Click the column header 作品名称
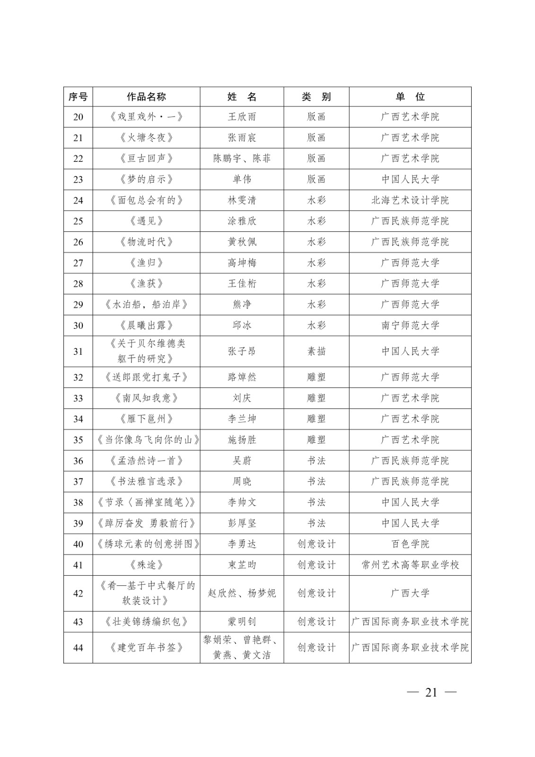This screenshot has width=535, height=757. point(146,97)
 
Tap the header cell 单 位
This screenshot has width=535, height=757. point(410,97)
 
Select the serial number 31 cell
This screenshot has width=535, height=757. point(78,352)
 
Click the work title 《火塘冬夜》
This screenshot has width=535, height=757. point(146,138)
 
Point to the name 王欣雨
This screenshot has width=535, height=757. point(242,117)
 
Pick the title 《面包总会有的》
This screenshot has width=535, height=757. point(146,200)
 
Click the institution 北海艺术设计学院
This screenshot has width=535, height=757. point(410,200)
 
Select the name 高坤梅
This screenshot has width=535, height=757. point(242,263)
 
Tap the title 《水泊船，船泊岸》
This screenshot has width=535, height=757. point(146,304)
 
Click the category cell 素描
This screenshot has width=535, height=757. point(316,352)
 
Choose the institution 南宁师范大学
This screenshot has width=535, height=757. point(410,325)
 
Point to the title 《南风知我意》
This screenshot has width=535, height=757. point(146,398)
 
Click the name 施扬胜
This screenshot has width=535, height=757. point(242,440)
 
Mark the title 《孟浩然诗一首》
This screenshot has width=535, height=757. point(146,460)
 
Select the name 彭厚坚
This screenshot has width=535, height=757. point(242,523)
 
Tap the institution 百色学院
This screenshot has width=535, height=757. point(410,544)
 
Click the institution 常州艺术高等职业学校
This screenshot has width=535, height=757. point(410,564)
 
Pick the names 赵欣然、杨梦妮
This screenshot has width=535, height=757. point(242,593)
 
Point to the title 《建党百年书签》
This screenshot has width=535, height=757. point(146,647)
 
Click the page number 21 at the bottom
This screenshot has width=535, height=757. point(431,692)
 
